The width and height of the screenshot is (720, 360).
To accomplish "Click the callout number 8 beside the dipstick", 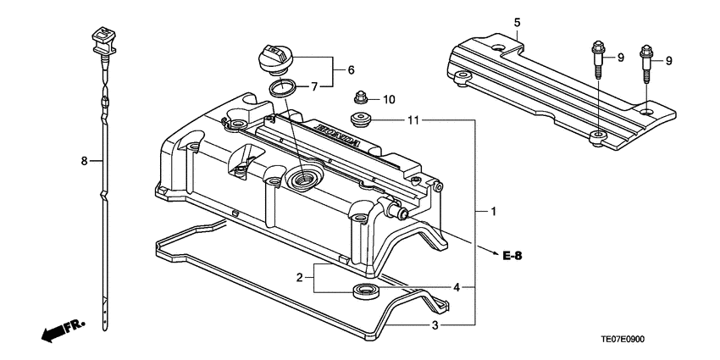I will tap(85, 159).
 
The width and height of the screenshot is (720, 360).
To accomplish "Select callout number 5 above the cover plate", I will tap(517, 22).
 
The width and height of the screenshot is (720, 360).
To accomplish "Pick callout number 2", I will tap(300, 277).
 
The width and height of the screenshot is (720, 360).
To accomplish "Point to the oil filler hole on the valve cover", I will tap(302, 179).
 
